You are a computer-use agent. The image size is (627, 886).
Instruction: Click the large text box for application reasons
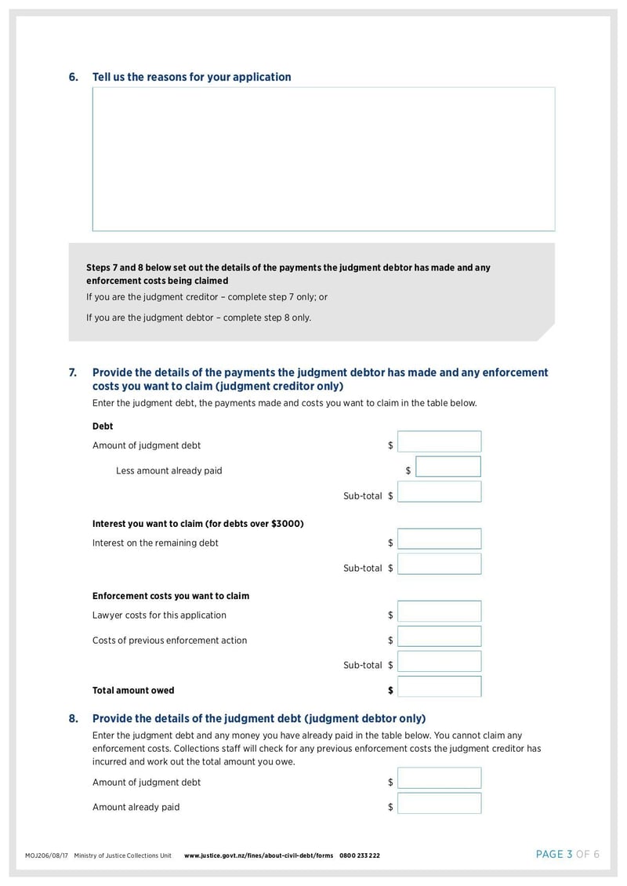(323, 158)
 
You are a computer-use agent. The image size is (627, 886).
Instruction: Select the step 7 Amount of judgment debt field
(439, 442)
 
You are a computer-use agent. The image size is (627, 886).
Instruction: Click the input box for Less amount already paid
(448, 467)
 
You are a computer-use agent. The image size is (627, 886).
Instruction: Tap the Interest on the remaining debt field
(439, 539)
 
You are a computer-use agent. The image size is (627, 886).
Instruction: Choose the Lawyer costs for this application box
(439, 612)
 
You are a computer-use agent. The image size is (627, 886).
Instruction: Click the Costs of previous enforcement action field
(439, 637)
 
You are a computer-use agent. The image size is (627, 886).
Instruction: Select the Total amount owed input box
(439, 687)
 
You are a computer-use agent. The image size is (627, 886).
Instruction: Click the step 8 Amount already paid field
(439, 804)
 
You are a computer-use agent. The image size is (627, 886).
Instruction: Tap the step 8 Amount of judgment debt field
(439, 779)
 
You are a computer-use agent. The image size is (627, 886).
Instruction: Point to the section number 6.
(73, 77)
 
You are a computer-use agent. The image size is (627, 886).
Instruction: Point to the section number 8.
(73, 718)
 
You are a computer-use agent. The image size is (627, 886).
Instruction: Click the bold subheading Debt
(103, 427)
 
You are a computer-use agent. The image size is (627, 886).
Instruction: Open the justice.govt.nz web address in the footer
(259, 855)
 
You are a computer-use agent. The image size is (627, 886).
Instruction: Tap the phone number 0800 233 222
(360, 855)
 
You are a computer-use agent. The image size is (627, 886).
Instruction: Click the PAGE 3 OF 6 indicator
(567, 855)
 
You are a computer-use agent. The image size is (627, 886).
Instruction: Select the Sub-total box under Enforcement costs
(439, 662)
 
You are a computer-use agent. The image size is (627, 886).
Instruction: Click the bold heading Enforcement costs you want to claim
(171, 596)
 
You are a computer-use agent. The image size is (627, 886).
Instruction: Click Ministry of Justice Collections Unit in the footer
(122, 855)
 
